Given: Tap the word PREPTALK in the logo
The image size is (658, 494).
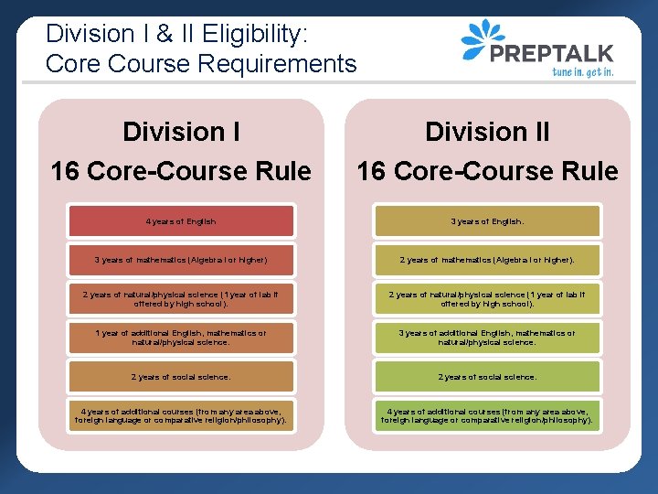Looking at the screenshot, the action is point(552,53).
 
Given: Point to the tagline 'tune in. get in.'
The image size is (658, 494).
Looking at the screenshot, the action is point(581,71).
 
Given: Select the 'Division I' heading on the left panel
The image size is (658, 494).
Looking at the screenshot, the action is point(181,132).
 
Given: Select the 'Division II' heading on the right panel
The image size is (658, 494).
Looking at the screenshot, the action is point(487,132).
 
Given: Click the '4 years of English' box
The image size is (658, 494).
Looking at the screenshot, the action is point(180,221).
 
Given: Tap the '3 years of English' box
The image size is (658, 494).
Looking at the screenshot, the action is point(486,221).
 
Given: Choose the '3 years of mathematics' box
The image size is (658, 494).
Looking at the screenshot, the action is point(180,260).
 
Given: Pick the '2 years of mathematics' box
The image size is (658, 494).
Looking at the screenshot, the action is point(486,260).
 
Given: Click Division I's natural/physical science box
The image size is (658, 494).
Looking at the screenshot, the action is point(180,299).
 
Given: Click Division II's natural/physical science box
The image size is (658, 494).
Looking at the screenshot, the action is point(486,299).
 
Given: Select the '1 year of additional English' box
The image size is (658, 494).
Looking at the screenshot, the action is point(180,338).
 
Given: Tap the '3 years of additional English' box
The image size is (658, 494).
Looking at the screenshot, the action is point(486,338).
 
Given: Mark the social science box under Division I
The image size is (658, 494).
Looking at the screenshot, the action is point(180,377).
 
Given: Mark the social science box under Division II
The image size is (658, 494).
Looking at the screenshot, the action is point(486,377).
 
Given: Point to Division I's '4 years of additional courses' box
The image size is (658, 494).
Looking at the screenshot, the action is point(180,415).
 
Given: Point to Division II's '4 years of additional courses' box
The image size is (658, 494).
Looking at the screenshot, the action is point(486,415).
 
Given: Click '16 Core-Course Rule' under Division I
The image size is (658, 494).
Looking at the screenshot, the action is point(181,171).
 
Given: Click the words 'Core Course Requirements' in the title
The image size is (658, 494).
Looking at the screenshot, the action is point(200,64).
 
